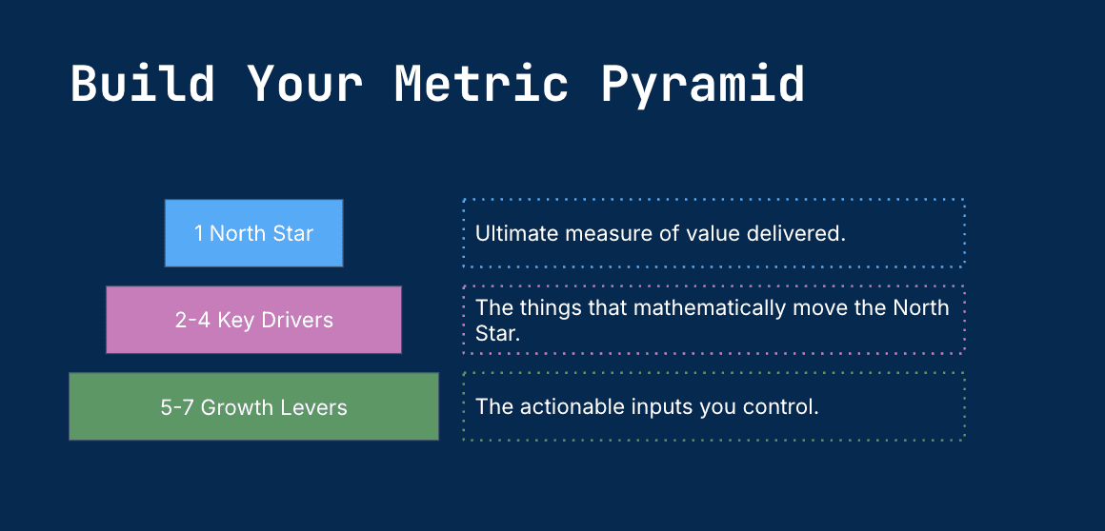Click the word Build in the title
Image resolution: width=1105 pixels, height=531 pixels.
(x=142, y=84)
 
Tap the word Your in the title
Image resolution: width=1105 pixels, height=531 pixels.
(x=305, y=84)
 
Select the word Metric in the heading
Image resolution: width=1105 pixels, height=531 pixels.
(x=481, y=84)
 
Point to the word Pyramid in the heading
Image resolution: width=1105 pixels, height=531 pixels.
(x=703, y=86)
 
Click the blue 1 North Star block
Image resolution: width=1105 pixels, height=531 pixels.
(x=253, y=233)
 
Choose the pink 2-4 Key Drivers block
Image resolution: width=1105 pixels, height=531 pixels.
(x=253, y=320)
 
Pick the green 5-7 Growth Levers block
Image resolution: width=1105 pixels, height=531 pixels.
(x=253, y=406)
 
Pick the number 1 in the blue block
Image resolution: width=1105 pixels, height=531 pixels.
(x=199, y=234)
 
